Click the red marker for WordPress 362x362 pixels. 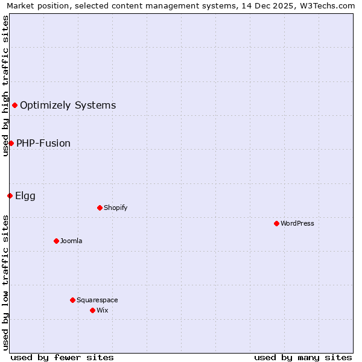coord(276,223)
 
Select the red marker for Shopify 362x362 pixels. coord(100,208)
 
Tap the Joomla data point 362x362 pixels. coord(56,241)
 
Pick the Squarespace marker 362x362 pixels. coord(72,300)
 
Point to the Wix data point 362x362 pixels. coord(92,310)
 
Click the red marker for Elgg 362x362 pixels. coord(10,195)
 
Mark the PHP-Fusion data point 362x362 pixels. coord(11,143)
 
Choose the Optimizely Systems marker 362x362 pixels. coord(14,105)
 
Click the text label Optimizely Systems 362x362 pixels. coord(68,106)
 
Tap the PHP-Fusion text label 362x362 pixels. coord(43,144)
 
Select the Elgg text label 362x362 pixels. coord(25,196)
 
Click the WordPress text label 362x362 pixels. coord(297,224)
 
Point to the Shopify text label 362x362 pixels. coord(115,208)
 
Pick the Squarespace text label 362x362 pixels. coord(97,300)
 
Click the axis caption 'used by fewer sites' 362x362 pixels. coord(62,357)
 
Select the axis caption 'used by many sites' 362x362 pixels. coord(303,357)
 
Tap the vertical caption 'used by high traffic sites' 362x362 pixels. coord(5,86)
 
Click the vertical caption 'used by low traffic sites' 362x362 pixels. coord(5,282)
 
